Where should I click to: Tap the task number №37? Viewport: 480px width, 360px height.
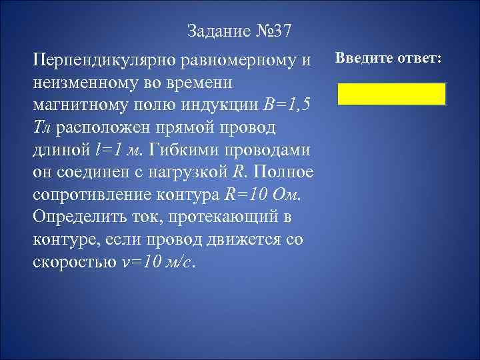[x=274, y=31]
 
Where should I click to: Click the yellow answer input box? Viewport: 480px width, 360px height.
[x=391, y=94]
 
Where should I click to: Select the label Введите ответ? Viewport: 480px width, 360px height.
[x=387, y=58]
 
